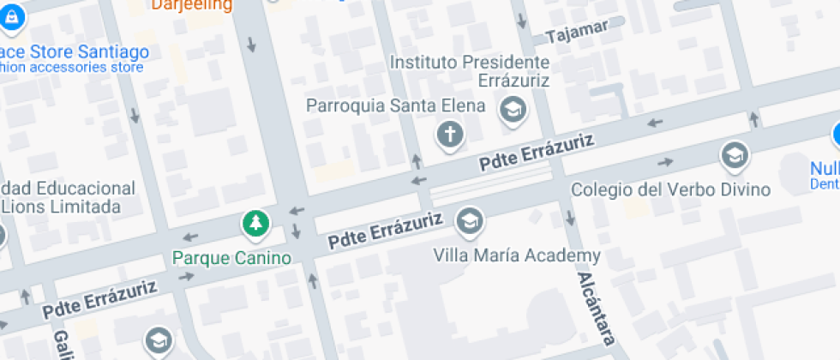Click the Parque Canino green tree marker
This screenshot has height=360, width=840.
255,225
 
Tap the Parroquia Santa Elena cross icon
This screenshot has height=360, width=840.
449,134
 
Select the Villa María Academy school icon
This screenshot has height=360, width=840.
469,222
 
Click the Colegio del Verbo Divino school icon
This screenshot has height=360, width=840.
735,155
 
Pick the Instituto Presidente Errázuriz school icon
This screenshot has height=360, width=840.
513,109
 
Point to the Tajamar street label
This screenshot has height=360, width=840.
578,31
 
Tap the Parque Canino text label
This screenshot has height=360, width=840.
232,256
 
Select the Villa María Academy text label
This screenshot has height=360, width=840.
517,255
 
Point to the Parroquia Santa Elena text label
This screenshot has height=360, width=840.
396,106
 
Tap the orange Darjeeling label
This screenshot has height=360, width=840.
191,5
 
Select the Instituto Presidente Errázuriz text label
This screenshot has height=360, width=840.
470,71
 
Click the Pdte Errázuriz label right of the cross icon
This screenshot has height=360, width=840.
537,153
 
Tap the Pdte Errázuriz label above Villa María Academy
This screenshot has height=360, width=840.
386,231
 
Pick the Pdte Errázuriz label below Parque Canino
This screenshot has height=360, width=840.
100,298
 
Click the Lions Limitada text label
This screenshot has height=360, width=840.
63,207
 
